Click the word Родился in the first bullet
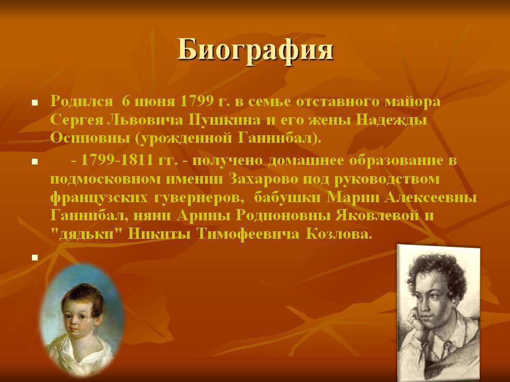tap(81, 102)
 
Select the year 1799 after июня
tap(195, 101)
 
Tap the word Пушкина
tap(224, 120)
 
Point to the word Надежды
tap(391, 120)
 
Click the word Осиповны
tap(89, 138)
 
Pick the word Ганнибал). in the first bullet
tap(279, 138)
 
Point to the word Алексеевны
tap(430, 197)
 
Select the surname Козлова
tap(338, 234)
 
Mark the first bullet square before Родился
tap(35, 103)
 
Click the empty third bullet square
tap(35, 258)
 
